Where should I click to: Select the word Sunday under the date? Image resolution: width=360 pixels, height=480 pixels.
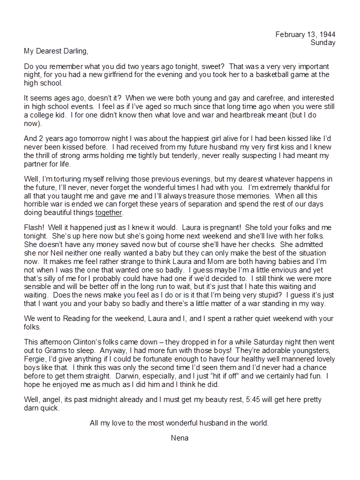[323, 42]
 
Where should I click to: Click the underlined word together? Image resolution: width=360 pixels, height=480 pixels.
[108, 212]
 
